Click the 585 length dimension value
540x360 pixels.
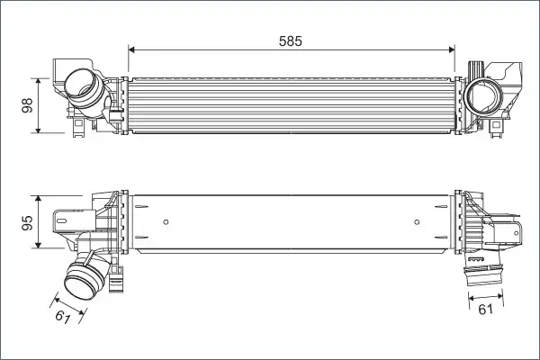(291, 41)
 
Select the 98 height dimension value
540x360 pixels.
(27, 105)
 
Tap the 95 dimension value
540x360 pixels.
(27, 222)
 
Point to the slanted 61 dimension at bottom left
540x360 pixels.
(63, 316)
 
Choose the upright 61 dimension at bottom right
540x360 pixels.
(486, 310)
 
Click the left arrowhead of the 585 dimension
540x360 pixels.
(130, 50)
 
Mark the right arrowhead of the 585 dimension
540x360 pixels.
(452, 50)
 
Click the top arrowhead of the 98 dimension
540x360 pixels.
(38, 81)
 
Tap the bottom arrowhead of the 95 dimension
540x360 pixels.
(38, 245)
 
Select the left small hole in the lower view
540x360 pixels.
(166, 222)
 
